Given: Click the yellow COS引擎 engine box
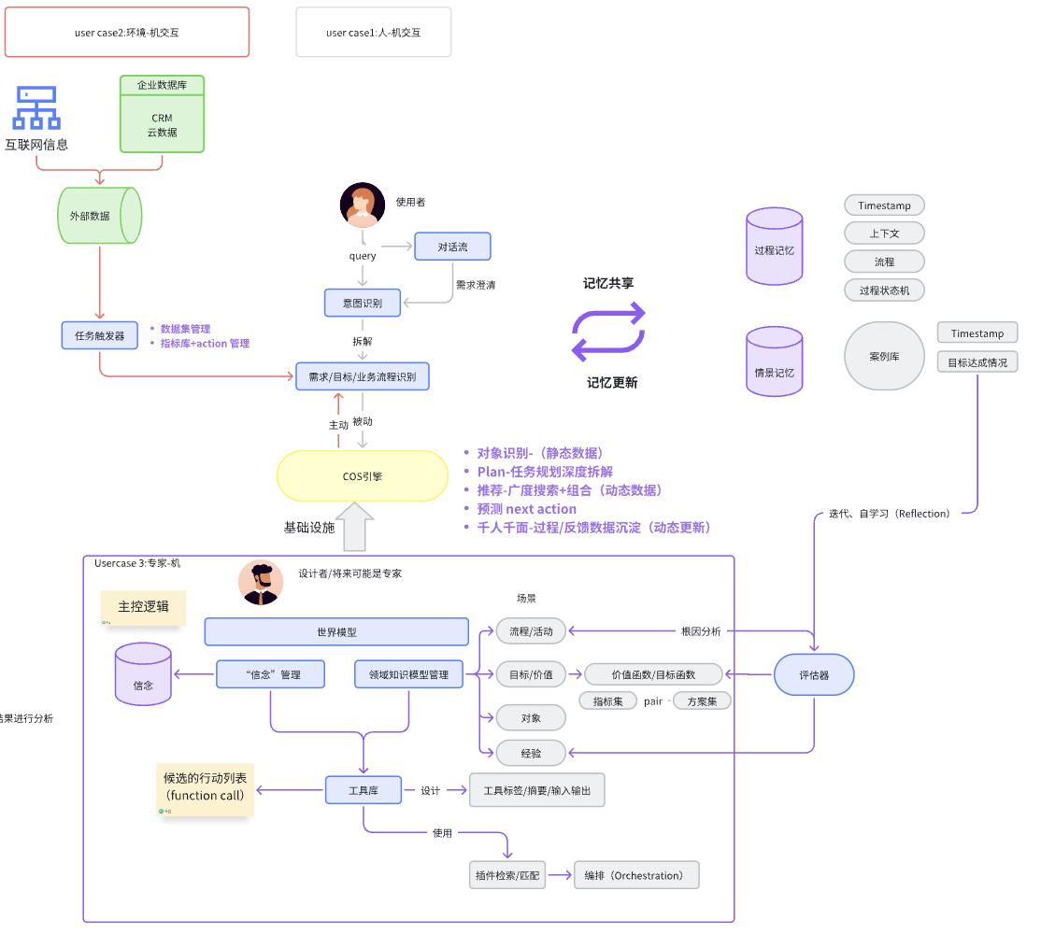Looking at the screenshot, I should tap(362, 476).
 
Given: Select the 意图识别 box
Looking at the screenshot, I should tap(362, 302).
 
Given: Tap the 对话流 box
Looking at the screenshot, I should tap(452, 247).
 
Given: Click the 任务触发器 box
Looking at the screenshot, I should tap(100, 335).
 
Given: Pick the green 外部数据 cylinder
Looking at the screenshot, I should tap(99, 216).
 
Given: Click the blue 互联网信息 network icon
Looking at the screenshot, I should tap(36, 108).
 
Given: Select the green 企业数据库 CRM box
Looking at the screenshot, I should tap(162, 114).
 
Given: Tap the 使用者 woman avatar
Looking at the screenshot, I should tap(363, 205).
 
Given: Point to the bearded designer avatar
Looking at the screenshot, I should tap(261, 583).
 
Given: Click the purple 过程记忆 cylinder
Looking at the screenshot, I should tap(775, 247).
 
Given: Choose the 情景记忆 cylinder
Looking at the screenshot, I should tap(775, 361).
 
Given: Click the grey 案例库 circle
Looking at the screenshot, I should tap(884, 356).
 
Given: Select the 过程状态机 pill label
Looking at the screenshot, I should tap(884, 290).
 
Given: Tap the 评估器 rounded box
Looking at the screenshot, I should tap(814, 674).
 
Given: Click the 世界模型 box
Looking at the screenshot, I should tap(336, 632).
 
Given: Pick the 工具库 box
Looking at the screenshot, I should tap(363, 790).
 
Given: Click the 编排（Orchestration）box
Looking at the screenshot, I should tap(635, 875).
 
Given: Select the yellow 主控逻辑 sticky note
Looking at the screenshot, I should tap(144, 607).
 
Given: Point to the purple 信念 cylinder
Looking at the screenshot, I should tap(143, 673).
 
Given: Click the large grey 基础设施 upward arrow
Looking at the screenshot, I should tap(359, 528).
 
